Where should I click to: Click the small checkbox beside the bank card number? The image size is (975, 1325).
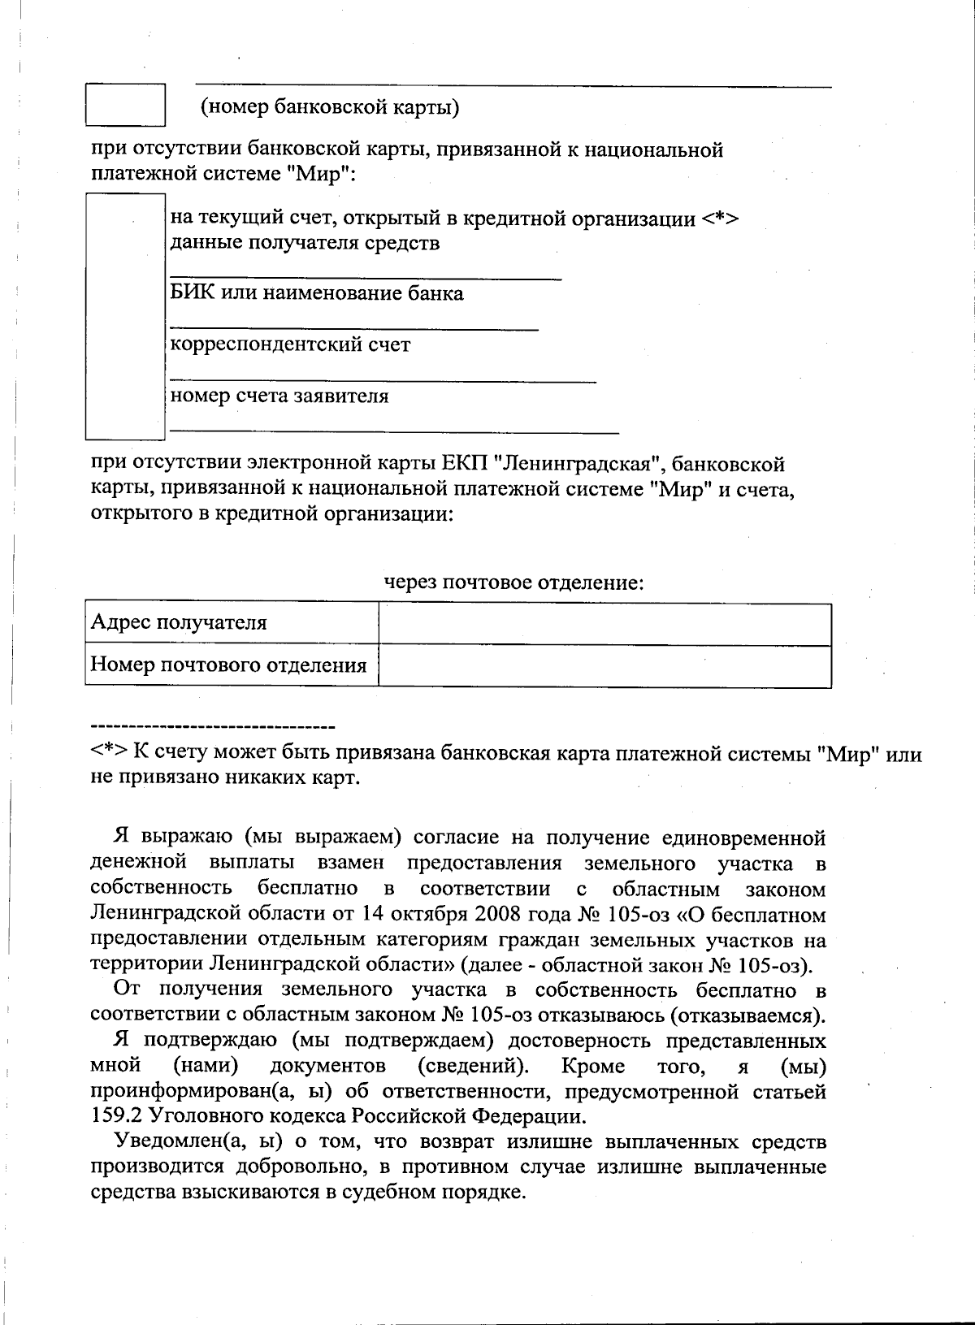coord(126,104)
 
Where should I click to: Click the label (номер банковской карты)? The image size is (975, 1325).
coord(330,107)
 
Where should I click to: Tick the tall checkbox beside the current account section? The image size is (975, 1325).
coord(126,316)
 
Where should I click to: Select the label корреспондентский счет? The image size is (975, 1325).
coord(290,344)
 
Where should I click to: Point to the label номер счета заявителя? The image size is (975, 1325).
coord(279,396)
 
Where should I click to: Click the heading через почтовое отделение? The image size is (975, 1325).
coord(513,582)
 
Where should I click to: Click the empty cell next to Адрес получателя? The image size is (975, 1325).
coord(604,624)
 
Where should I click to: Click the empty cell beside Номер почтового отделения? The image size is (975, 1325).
coord(604,665)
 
